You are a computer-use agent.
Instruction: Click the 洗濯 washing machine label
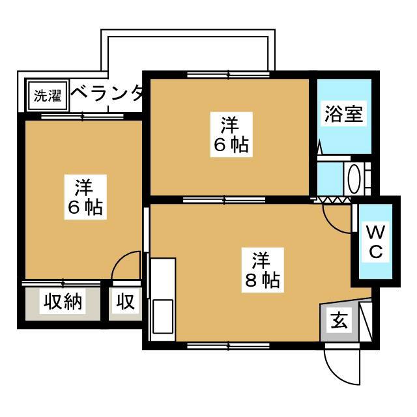[48, 96]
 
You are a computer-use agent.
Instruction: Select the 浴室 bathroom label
[344, 113]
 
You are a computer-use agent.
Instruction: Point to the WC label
[376, 241]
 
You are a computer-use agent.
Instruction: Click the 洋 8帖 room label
[263, 270]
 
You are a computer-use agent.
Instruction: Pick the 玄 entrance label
[339, 320]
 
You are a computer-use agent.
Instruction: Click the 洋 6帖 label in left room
[85, 197]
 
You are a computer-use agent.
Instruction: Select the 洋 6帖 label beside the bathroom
[231, 135]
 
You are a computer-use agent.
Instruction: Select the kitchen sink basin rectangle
[162, 316]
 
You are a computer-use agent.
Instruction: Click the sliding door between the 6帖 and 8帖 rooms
[224, 200]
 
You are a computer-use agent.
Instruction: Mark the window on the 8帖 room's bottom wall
[228, 346]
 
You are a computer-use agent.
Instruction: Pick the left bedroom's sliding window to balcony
[83, 116]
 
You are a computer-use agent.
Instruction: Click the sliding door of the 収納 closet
[61, 283]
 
